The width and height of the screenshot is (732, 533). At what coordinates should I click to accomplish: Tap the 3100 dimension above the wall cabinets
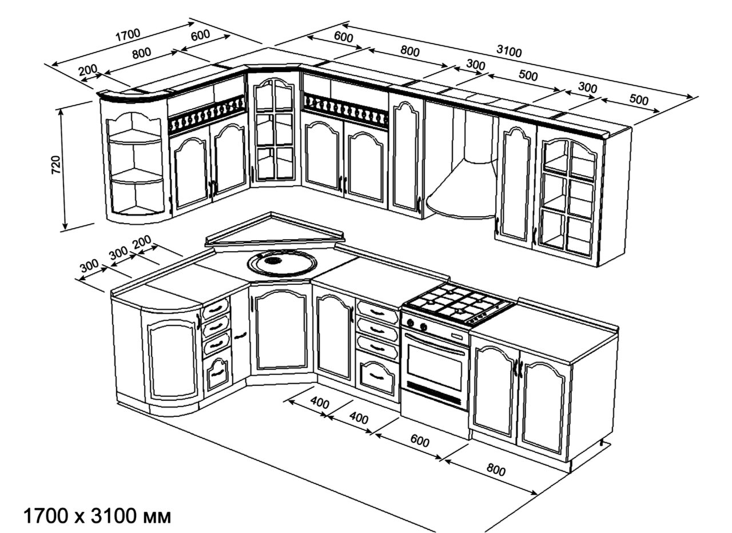click(x=508, y=51)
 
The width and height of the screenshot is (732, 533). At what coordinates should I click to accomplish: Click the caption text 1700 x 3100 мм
click(x=97, y=516)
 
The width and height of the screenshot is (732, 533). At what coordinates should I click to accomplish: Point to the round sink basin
click(x=281, y=264)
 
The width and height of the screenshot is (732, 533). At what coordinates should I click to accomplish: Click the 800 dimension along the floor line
click(x=496, y=470)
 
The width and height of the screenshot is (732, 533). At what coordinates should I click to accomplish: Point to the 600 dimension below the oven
click(x=419, y=441)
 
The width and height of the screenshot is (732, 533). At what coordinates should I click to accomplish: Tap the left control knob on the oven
click(x=411, y=324)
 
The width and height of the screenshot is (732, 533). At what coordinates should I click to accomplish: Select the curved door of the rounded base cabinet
click(x=173, y=359)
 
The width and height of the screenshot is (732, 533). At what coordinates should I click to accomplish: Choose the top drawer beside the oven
click(x=377, y=313)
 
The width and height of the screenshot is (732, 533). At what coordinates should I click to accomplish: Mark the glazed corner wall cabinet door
click(x=273, y=130)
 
